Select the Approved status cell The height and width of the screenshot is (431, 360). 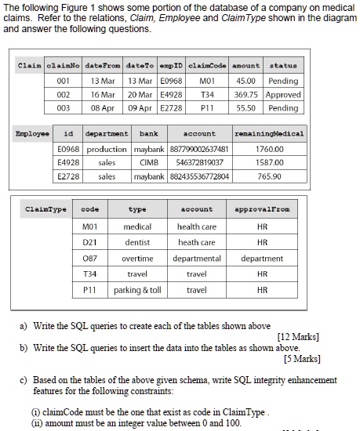tap(283, 94)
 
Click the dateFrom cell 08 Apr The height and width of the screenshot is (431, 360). tap(104, 108)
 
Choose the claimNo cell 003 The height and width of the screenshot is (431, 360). tap(64, 108)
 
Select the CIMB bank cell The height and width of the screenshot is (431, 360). tap(150, 162)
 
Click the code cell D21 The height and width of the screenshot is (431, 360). tap(89, 242)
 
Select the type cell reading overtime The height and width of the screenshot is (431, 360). tap(137, 258)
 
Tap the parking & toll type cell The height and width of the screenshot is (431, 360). tap(137, 290)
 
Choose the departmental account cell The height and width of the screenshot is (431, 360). tap(196, 258)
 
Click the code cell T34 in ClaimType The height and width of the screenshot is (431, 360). tap(89, 274)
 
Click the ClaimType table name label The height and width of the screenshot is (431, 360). tap(42, 209)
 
